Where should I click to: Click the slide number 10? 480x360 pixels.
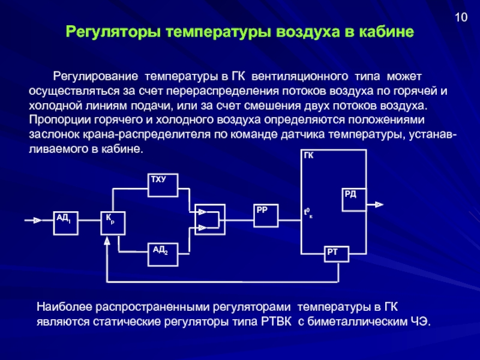click(461, 17)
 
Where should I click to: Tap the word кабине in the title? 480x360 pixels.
click(387, 31)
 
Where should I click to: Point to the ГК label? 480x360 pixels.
click(309, 155)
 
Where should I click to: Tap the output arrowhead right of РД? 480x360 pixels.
click(379, 205)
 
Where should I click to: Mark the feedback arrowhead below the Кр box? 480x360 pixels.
click(107, 241)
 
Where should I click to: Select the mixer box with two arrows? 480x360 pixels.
click(208, 219)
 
